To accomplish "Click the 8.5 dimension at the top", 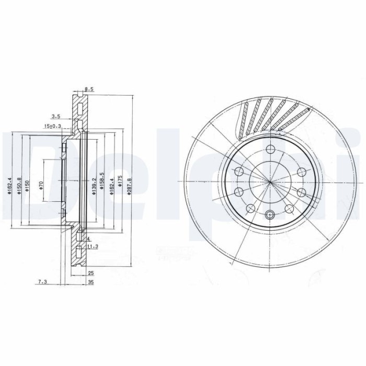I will pyautogui.click(x=88, y=89).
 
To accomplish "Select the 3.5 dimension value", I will pyautogui.click(x=56, y=116).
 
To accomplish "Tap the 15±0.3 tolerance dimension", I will pyautogui.click(x=52, y=126).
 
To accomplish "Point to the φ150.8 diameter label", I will pyautogui.click(x=19, y=185).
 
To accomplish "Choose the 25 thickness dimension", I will pyautogui.click(x=90, y=273).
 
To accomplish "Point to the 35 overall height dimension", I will pyautogui.click(x=90, y=282).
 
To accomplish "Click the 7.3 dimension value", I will pyautogui.click(x=42, y=282).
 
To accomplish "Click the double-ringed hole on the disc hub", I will pyautogui.click(x=270, y=214).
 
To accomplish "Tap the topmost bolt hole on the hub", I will pyautogui.click(x=270, y=148).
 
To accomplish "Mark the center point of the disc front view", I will pyautogui.click(x=270, y=181).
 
